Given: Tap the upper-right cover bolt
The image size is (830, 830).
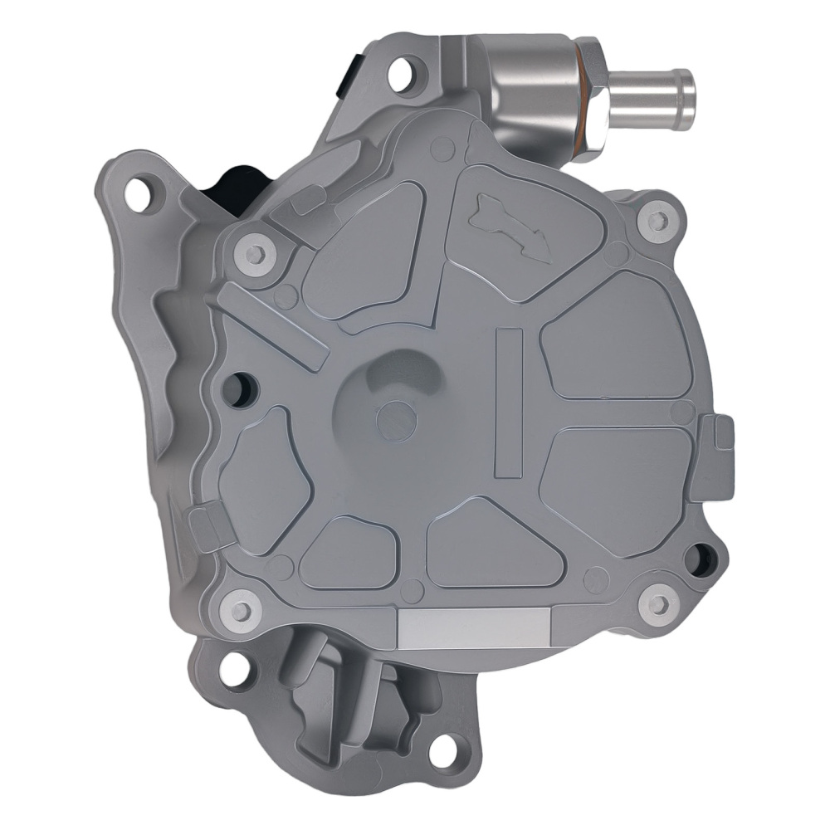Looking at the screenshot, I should [x=657, y=220].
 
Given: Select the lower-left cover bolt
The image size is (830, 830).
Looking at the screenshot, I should [x=242, y=611].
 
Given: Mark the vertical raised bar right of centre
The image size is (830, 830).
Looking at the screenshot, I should [x=508, y=403].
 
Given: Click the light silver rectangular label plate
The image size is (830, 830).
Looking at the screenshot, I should [x=473, y=627].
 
